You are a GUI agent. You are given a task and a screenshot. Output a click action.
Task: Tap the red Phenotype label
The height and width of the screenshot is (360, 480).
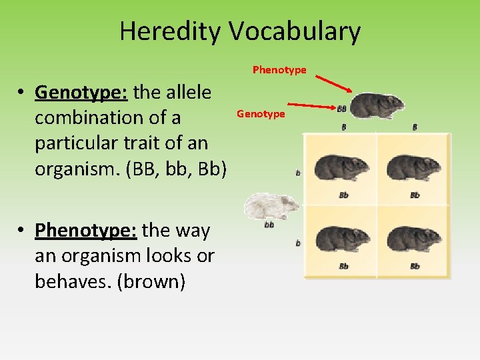[x=279, y=69]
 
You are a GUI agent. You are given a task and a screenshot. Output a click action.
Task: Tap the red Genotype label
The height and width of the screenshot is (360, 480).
[x=261, y=114]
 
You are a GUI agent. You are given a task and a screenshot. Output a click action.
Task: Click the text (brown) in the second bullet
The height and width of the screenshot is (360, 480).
[x=153, y=281]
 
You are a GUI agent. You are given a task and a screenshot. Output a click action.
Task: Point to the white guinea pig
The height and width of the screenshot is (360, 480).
[x=272, y=206]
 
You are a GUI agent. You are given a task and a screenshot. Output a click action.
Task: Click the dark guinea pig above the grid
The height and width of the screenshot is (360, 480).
[x=377, y=106]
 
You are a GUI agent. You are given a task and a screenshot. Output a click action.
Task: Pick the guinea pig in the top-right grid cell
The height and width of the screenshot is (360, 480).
[x=414, y=169]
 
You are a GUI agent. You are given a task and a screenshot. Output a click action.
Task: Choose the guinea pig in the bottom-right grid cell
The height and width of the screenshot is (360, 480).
[x=414, y=239]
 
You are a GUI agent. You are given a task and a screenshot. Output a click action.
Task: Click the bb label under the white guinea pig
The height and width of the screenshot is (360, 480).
[x=269, y=225]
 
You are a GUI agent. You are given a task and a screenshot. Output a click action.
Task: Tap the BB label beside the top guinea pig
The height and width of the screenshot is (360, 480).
[x=341, y=108]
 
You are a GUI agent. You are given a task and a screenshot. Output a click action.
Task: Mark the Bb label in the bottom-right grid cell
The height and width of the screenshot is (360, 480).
[x=415, y=266]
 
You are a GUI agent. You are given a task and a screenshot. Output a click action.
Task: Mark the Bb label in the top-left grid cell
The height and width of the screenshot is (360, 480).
[x=343, y=195]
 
